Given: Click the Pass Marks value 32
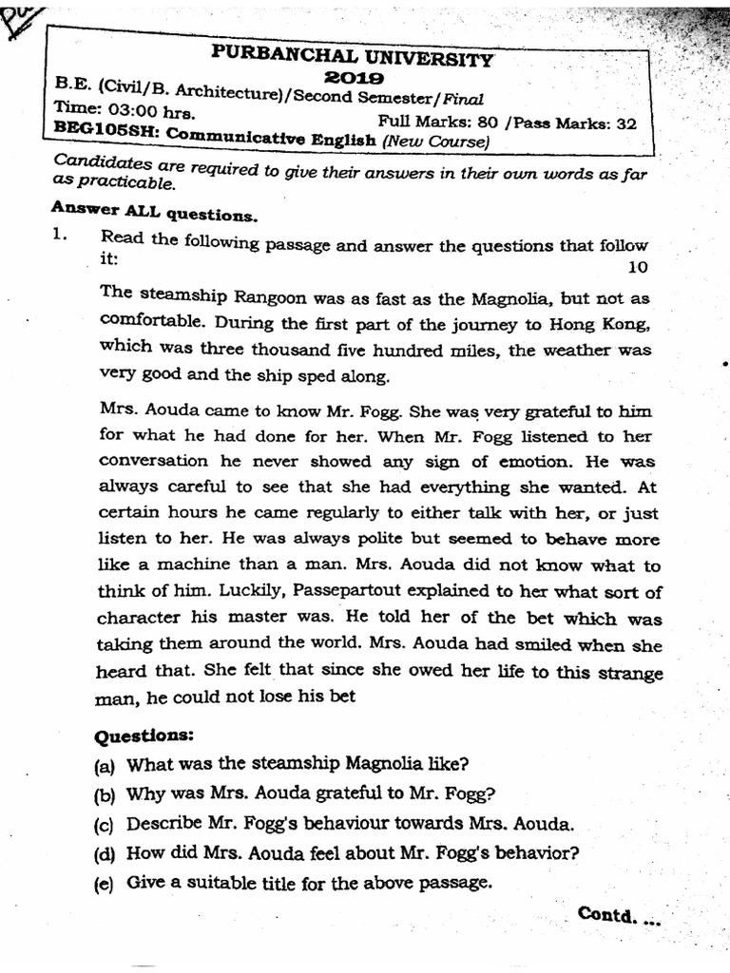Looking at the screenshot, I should pyautogui.click(x=626, y=123).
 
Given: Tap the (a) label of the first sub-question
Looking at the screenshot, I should pyautogui.click(x=104, y=764).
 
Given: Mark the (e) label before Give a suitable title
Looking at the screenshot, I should pyautogui.click(x=104, y=883).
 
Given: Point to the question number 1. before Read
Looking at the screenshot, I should pyautogui.click(x=62, y=238).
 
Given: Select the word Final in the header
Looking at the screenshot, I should pyautogui.click(x=461, y=98).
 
